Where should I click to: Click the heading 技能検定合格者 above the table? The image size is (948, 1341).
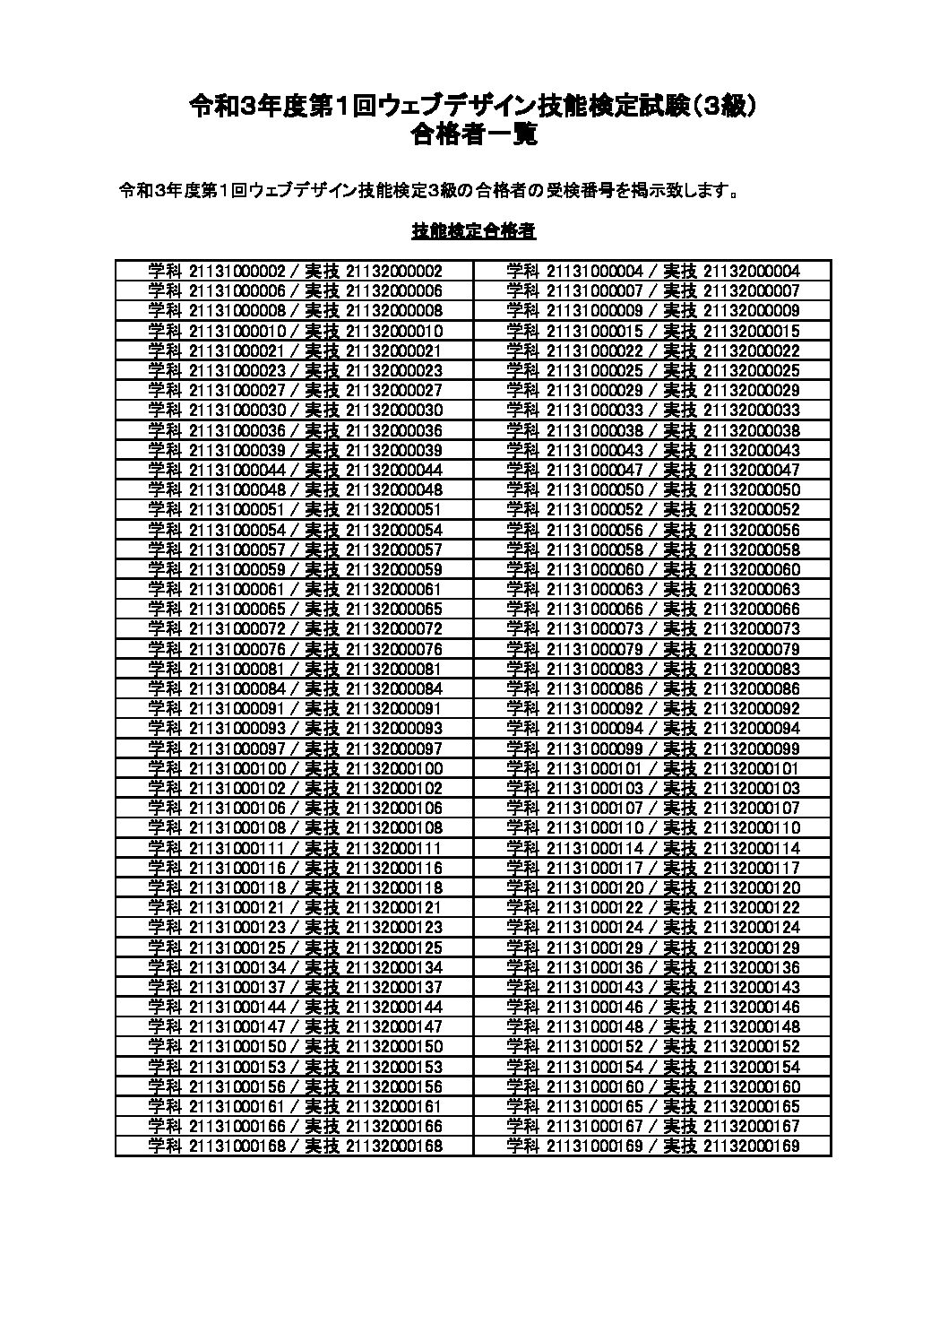[474, 231]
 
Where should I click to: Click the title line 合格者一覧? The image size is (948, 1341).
[473, 134]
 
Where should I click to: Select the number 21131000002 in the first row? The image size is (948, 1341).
[237, 271]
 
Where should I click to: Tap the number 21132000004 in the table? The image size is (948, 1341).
[752, 271]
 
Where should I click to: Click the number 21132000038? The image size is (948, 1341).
[752, 430]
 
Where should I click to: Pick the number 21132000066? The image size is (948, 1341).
[752, 609]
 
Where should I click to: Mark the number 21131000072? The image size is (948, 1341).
[237, 628]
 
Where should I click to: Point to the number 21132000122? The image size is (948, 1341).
[752, 907]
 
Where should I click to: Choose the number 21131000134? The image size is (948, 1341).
[237, 966]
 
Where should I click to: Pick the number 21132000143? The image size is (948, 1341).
[752, 986]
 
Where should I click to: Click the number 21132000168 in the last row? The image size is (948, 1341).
[393, 1146]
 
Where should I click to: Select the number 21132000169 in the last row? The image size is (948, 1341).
[752, 1146]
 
